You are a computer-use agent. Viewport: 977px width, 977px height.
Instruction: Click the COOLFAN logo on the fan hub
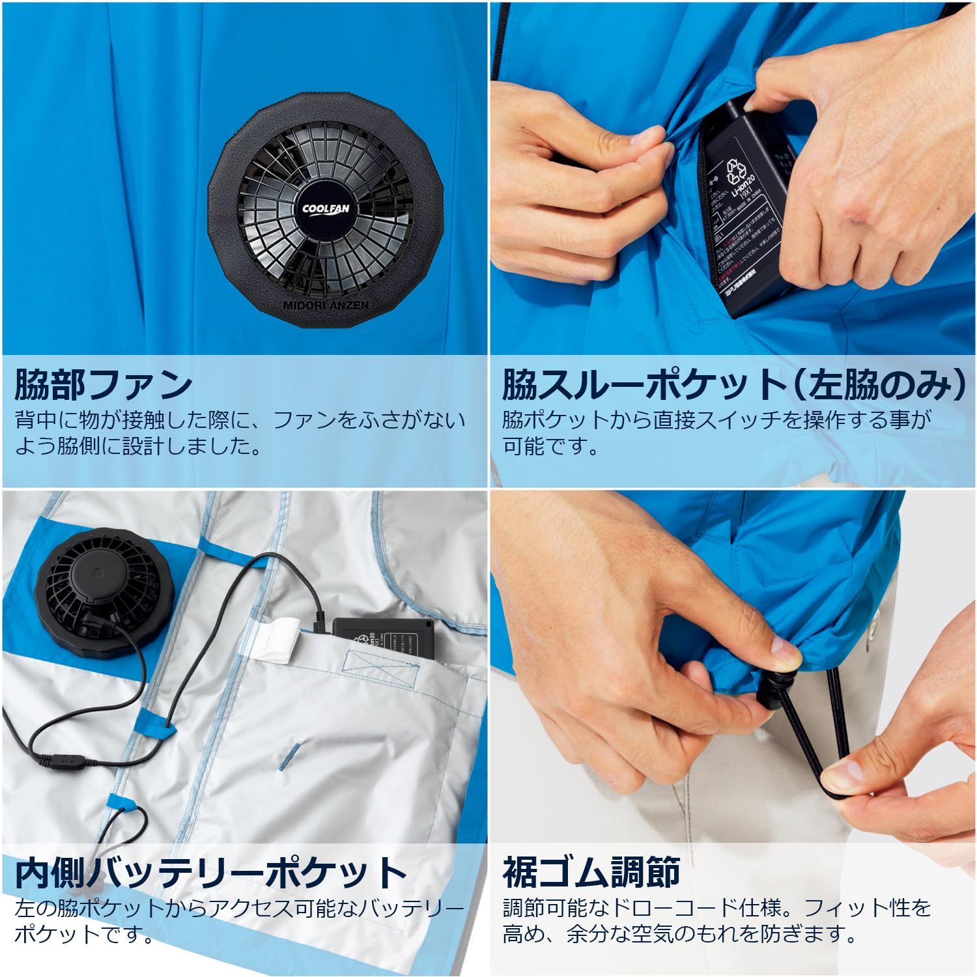click(x=325, y=209)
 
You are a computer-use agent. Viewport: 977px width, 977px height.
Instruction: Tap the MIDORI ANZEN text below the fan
click(x=326, y=305)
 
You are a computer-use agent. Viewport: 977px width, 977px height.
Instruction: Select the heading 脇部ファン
click(x=103, y=384)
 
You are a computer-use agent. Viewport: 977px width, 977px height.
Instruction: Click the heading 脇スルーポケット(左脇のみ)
click(x=733, y=384)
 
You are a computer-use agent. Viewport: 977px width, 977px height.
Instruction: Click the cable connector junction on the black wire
click(x=63, y=759)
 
